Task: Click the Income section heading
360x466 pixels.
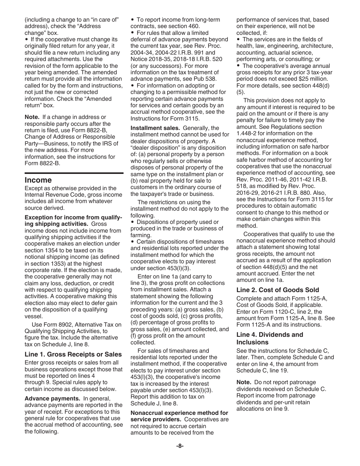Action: pos(38,180)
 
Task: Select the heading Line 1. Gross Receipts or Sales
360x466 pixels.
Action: pos(73,355)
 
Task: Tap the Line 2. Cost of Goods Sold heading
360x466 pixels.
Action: pos(277,290)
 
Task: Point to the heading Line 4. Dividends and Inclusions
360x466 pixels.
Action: pos(269,338)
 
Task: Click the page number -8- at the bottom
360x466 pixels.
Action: pos(180,446)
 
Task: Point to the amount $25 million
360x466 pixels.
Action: pos(311,79)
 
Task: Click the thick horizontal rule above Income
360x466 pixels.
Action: pos(74,173)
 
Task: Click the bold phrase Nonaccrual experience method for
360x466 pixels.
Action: pos(179,413)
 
